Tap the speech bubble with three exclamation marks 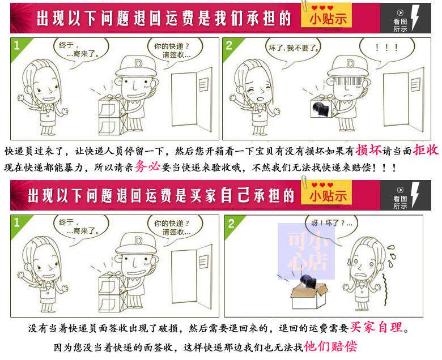coord(386,49)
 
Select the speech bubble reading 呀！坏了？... coord(331,225)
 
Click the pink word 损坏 coord(369,150)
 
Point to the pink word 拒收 coord(426,150)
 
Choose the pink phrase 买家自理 coord(376,327)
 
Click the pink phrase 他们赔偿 coord(331,346)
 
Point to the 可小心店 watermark coord(307,251)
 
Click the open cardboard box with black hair coord(309,293)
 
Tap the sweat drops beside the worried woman coord(391,256)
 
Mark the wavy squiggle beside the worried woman coord(384,290)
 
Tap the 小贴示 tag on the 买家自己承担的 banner coord(328,194)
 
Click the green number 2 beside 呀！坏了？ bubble coord(231,224)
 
